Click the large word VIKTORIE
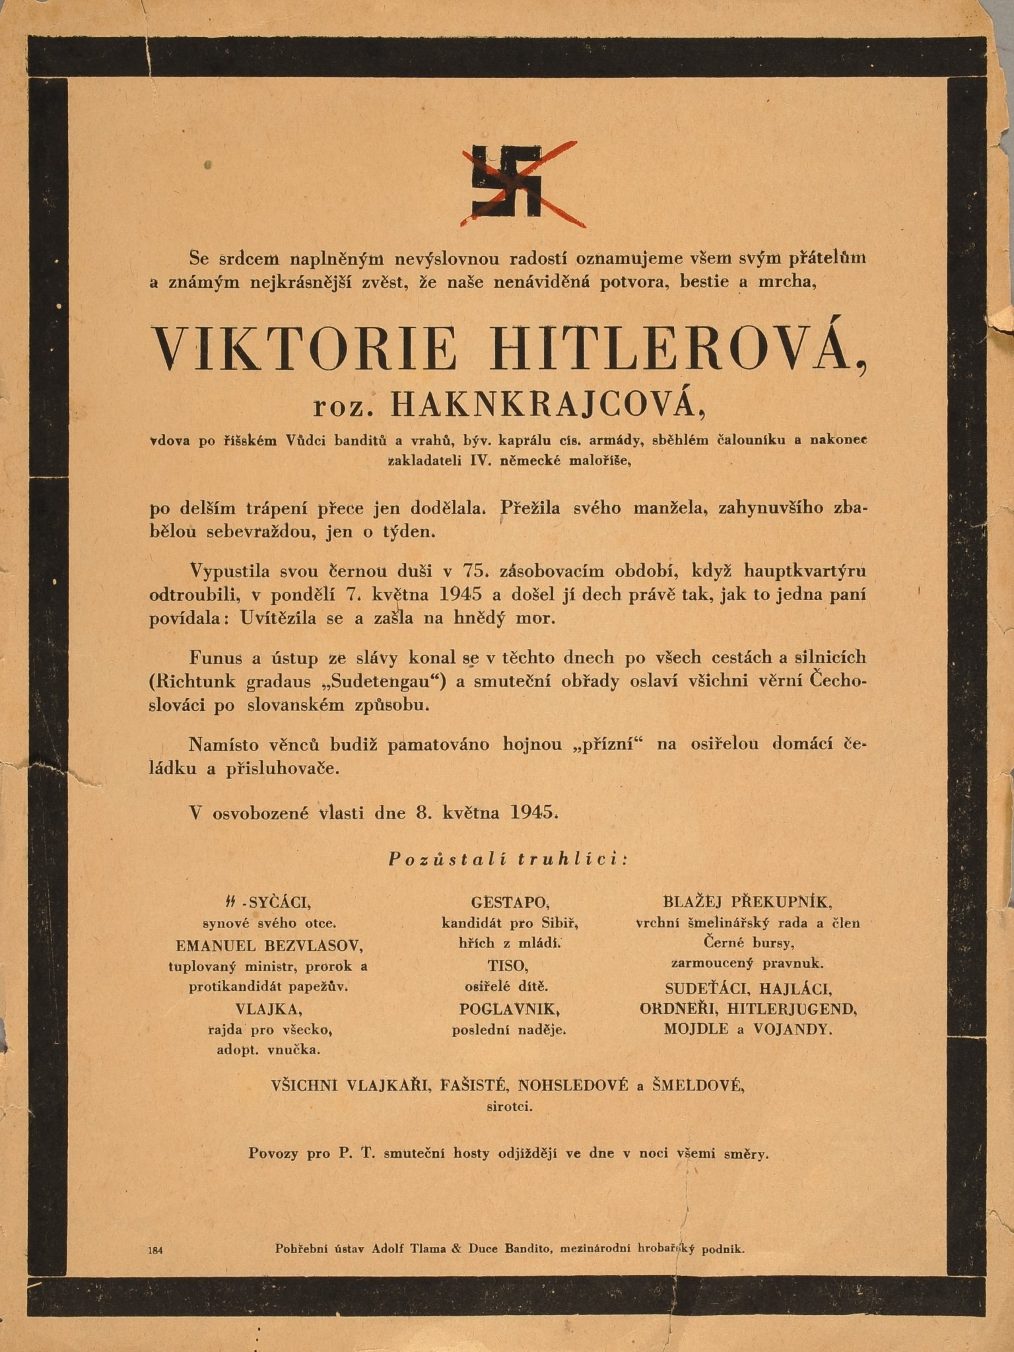coord(305,348)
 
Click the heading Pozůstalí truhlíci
coord(507,859)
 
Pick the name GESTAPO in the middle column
coord(510,902)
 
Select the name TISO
coord(508,966)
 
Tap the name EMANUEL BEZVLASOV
coord(269,945)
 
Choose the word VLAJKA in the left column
coord(269,1009)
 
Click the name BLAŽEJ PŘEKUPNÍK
coord(747,902)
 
